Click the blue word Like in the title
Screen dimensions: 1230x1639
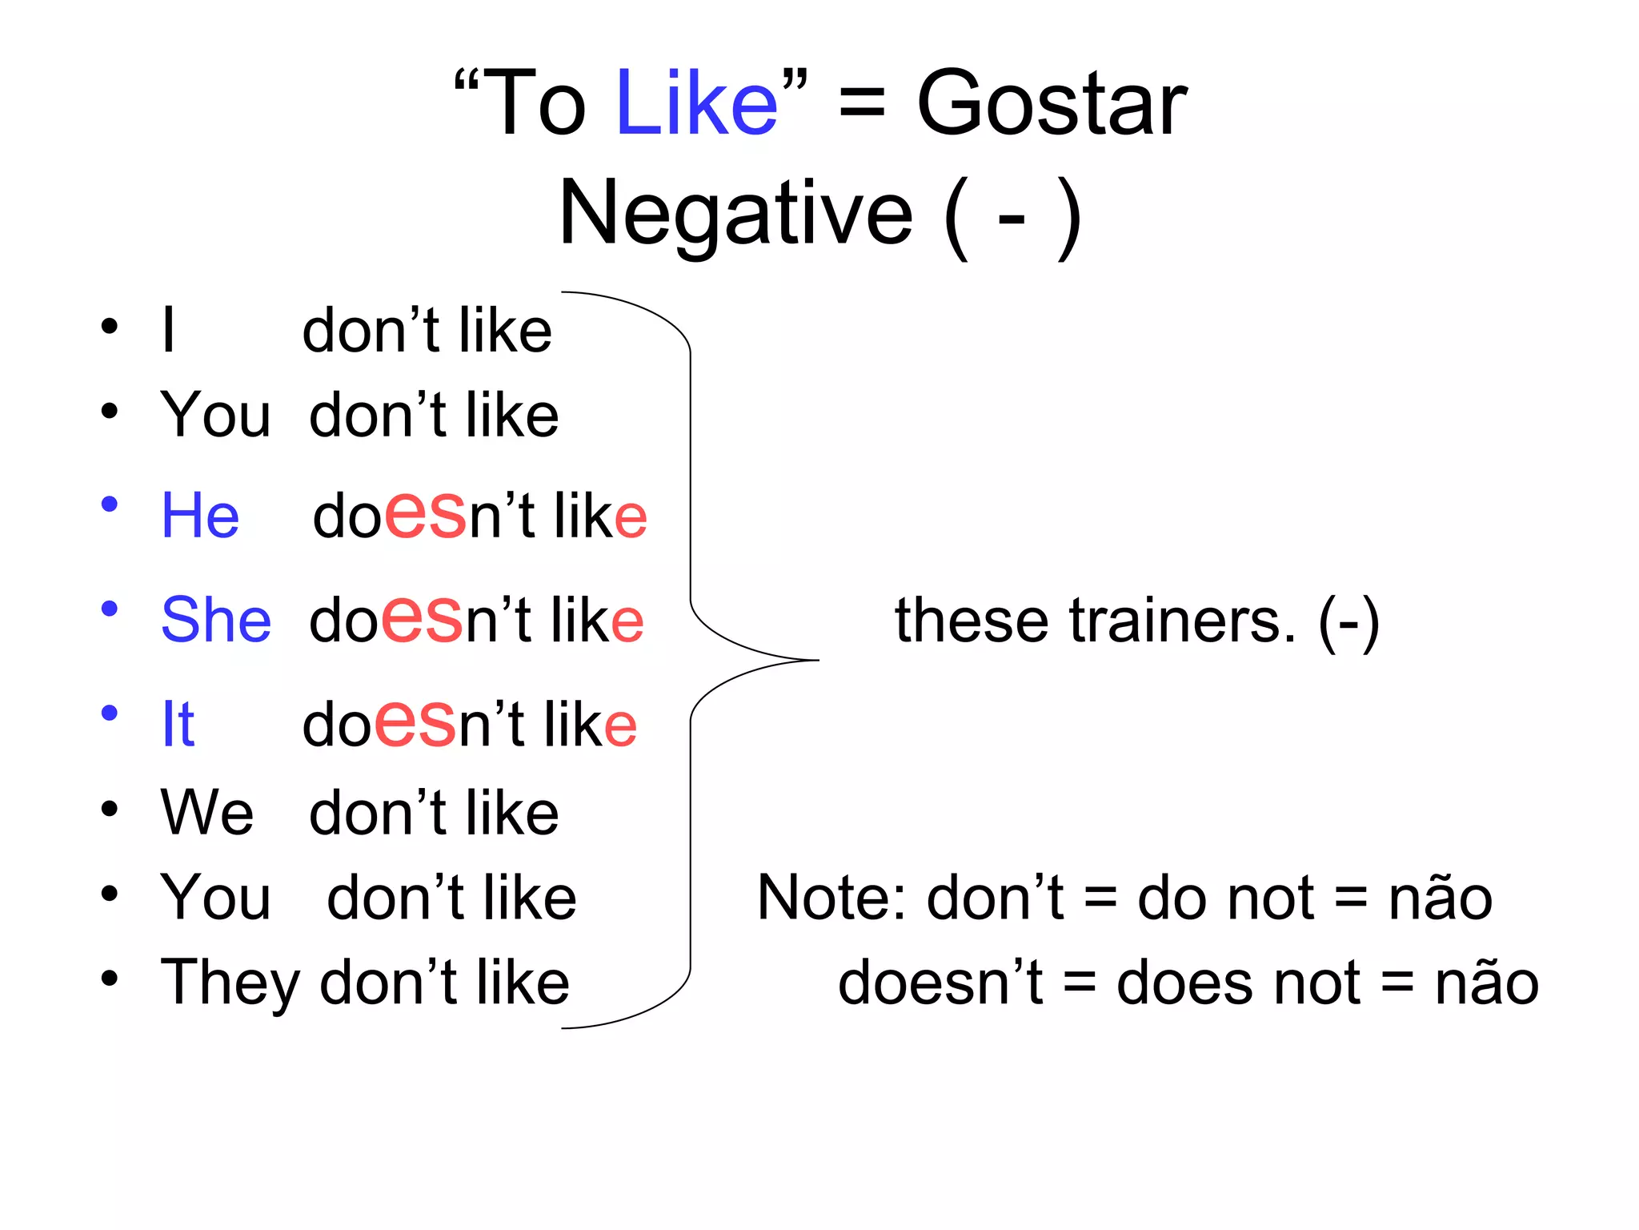pyautogui.click(x=696, y=104)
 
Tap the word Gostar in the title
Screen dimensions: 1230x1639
pyautogui.click(x=1051, y=104)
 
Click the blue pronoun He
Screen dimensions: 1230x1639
pyautogui.click(x=200, y=516)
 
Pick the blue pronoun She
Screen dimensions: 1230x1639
pyautogui.click(x=216, y=620)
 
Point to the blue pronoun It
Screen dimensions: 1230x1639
pyautogui.click(x=178, y=724)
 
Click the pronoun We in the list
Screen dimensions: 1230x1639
pyautogui.click(x=207, y=812)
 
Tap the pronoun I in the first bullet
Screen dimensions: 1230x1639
pyautogui.click(x=168, y=330)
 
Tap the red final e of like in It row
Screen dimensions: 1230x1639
pyautogui.click(x=620, y=726)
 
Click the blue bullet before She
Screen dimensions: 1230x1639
pyautogui.click(x=110, y=609)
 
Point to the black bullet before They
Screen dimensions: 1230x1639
pyautogui.click(x=110, y=978)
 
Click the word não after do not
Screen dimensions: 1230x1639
pyautogui.click(x=1440, y=898)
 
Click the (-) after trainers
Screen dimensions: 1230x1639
pyautogui.click(x=1348, y=622)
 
